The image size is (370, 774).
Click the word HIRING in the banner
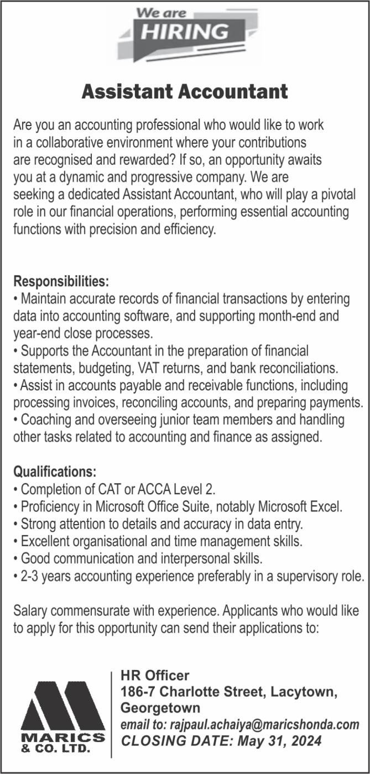(184, 32)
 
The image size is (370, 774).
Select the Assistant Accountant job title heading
(185, 91)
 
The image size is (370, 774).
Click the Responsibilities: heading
(61, 281)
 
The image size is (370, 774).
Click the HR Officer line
(155, 676)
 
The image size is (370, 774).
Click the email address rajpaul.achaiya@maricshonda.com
(264, 724)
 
